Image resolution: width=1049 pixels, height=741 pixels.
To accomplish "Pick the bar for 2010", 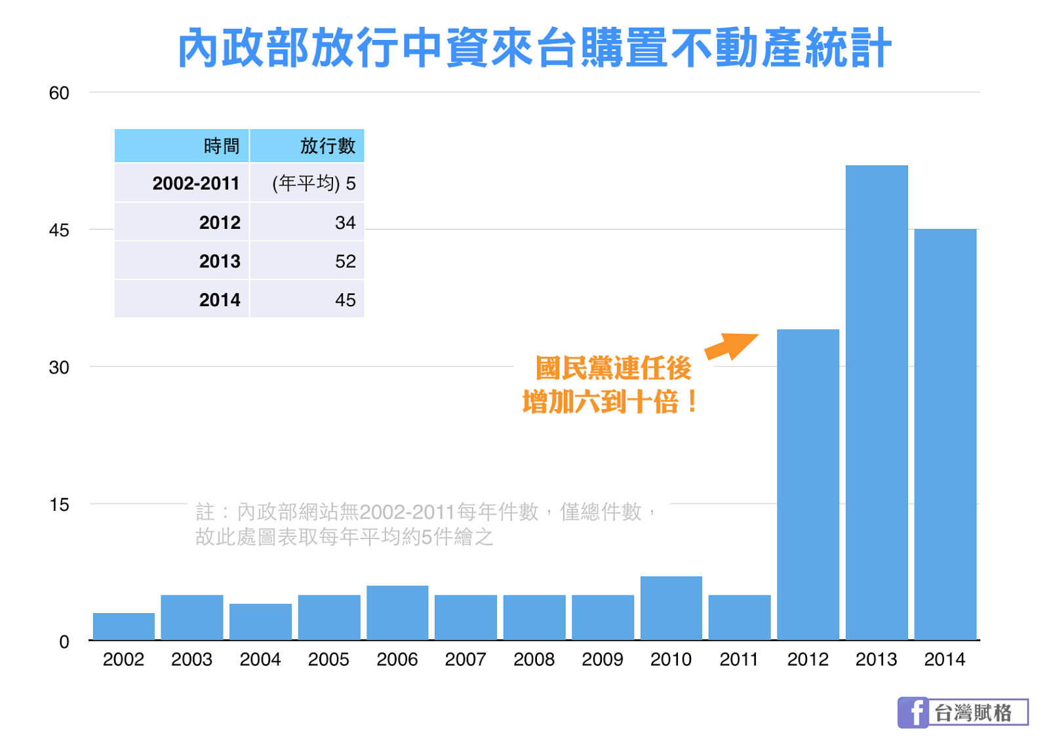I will click(x=671, y=608).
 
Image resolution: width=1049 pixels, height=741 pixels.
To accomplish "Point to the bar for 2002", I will click(x=123, y=626).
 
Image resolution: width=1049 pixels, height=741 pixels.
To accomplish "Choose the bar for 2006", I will click(x=397, y=612).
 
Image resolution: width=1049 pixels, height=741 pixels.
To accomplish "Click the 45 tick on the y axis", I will click(x=59, y=230).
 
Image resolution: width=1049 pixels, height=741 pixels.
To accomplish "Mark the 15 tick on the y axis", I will click(x=59, y=505).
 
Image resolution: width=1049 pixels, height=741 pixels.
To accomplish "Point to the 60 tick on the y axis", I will click(x=59, y=93).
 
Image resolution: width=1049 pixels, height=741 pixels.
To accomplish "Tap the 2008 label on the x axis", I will click(x=534, y=659).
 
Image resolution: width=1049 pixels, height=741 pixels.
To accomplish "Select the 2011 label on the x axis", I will click(x=739, y=659).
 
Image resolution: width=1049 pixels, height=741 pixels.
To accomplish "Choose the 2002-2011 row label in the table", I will click(x=196, y=183).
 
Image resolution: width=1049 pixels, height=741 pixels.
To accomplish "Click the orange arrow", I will click(x=731, y=346).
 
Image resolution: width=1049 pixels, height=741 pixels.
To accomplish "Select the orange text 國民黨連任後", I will click(x=613, y=368).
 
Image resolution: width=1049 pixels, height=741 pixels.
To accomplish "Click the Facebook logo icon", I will click(x=913, y=712).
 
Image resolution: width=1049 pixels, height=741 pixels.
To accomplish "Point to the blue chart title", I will click(x=534, y=48).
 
